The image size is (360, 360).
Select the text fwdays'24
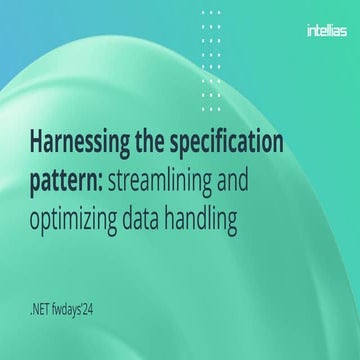pos(101,296)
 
